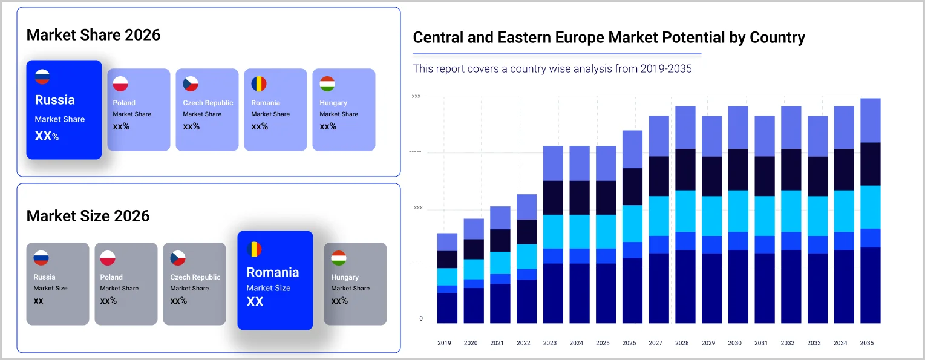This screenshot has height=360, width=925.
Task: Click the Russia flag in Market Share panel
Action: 42,77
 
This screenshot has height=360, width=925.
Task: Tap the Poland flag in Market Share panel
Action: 121,84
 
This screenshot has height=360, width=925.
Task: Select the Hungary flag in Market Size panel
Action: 339,258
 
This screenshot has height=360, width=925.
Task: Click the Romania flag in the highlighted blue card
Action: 254,249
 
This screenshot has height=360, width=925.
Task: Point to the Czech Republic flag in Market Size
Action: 178,258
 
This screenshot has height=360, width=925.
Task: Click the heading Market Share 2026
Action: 93,35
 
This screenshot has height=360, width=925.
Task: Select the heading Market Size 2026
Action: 88,216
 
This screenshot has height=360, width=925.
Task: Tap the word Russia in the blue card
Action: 54,100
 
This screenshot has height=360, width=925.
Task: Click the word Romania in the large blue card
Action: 273,272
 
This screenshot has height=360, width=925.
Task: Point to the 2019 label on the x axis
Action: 444,343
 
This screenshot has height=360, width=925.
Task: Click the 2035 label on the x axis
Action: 867,343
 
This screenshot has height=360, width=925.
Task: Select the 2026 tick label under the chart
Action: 629,343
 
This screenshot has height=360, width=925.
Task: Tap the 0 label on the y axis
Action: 421,319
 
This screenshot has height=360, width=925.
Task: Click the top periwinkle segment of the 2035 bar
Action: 870,120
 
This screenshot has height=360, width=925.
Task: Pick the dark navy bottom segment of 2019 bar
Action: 447,308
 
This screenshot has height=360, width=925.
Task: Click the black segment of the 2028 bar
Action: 685,169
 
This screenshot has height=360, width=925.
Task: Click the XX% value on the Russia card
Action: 47,136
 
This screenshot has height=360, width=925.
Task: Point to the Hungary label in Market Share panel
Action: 333,103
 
